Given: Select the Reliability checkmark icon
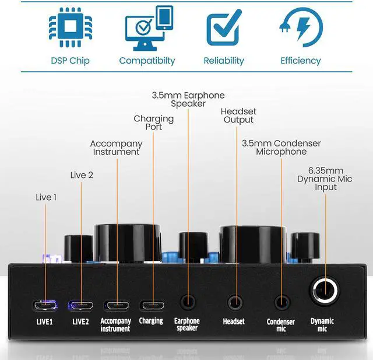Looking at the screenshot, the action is (224, 28).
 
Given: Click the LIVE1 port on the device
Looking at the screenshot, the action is (45, 305).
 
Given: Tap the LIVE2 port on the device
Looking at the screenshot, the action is (81, 305).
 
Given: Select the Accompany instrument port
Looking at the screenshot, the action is (116, 305).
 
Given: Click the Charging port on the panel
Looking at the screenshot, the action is (152, 305).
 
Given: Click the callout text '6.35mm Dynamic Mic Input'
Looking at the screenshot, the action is (326, 179).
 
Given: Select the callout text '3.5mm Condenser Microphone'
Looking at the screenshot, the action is (281, 147).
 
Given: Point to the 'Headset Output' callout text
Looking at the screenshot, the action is (238, 116).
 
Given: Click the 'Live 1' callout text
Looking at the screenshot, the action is (46, 197).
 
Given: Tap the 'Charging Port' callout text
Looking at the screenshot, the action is (154, 123).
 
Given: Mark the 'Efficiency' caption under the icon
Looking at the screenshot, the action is (301, 61).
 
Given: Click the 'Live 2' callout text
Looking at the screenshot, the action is (82, 175).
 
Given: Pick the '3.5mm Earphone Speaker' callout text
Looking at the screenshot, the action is (188, 99).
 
